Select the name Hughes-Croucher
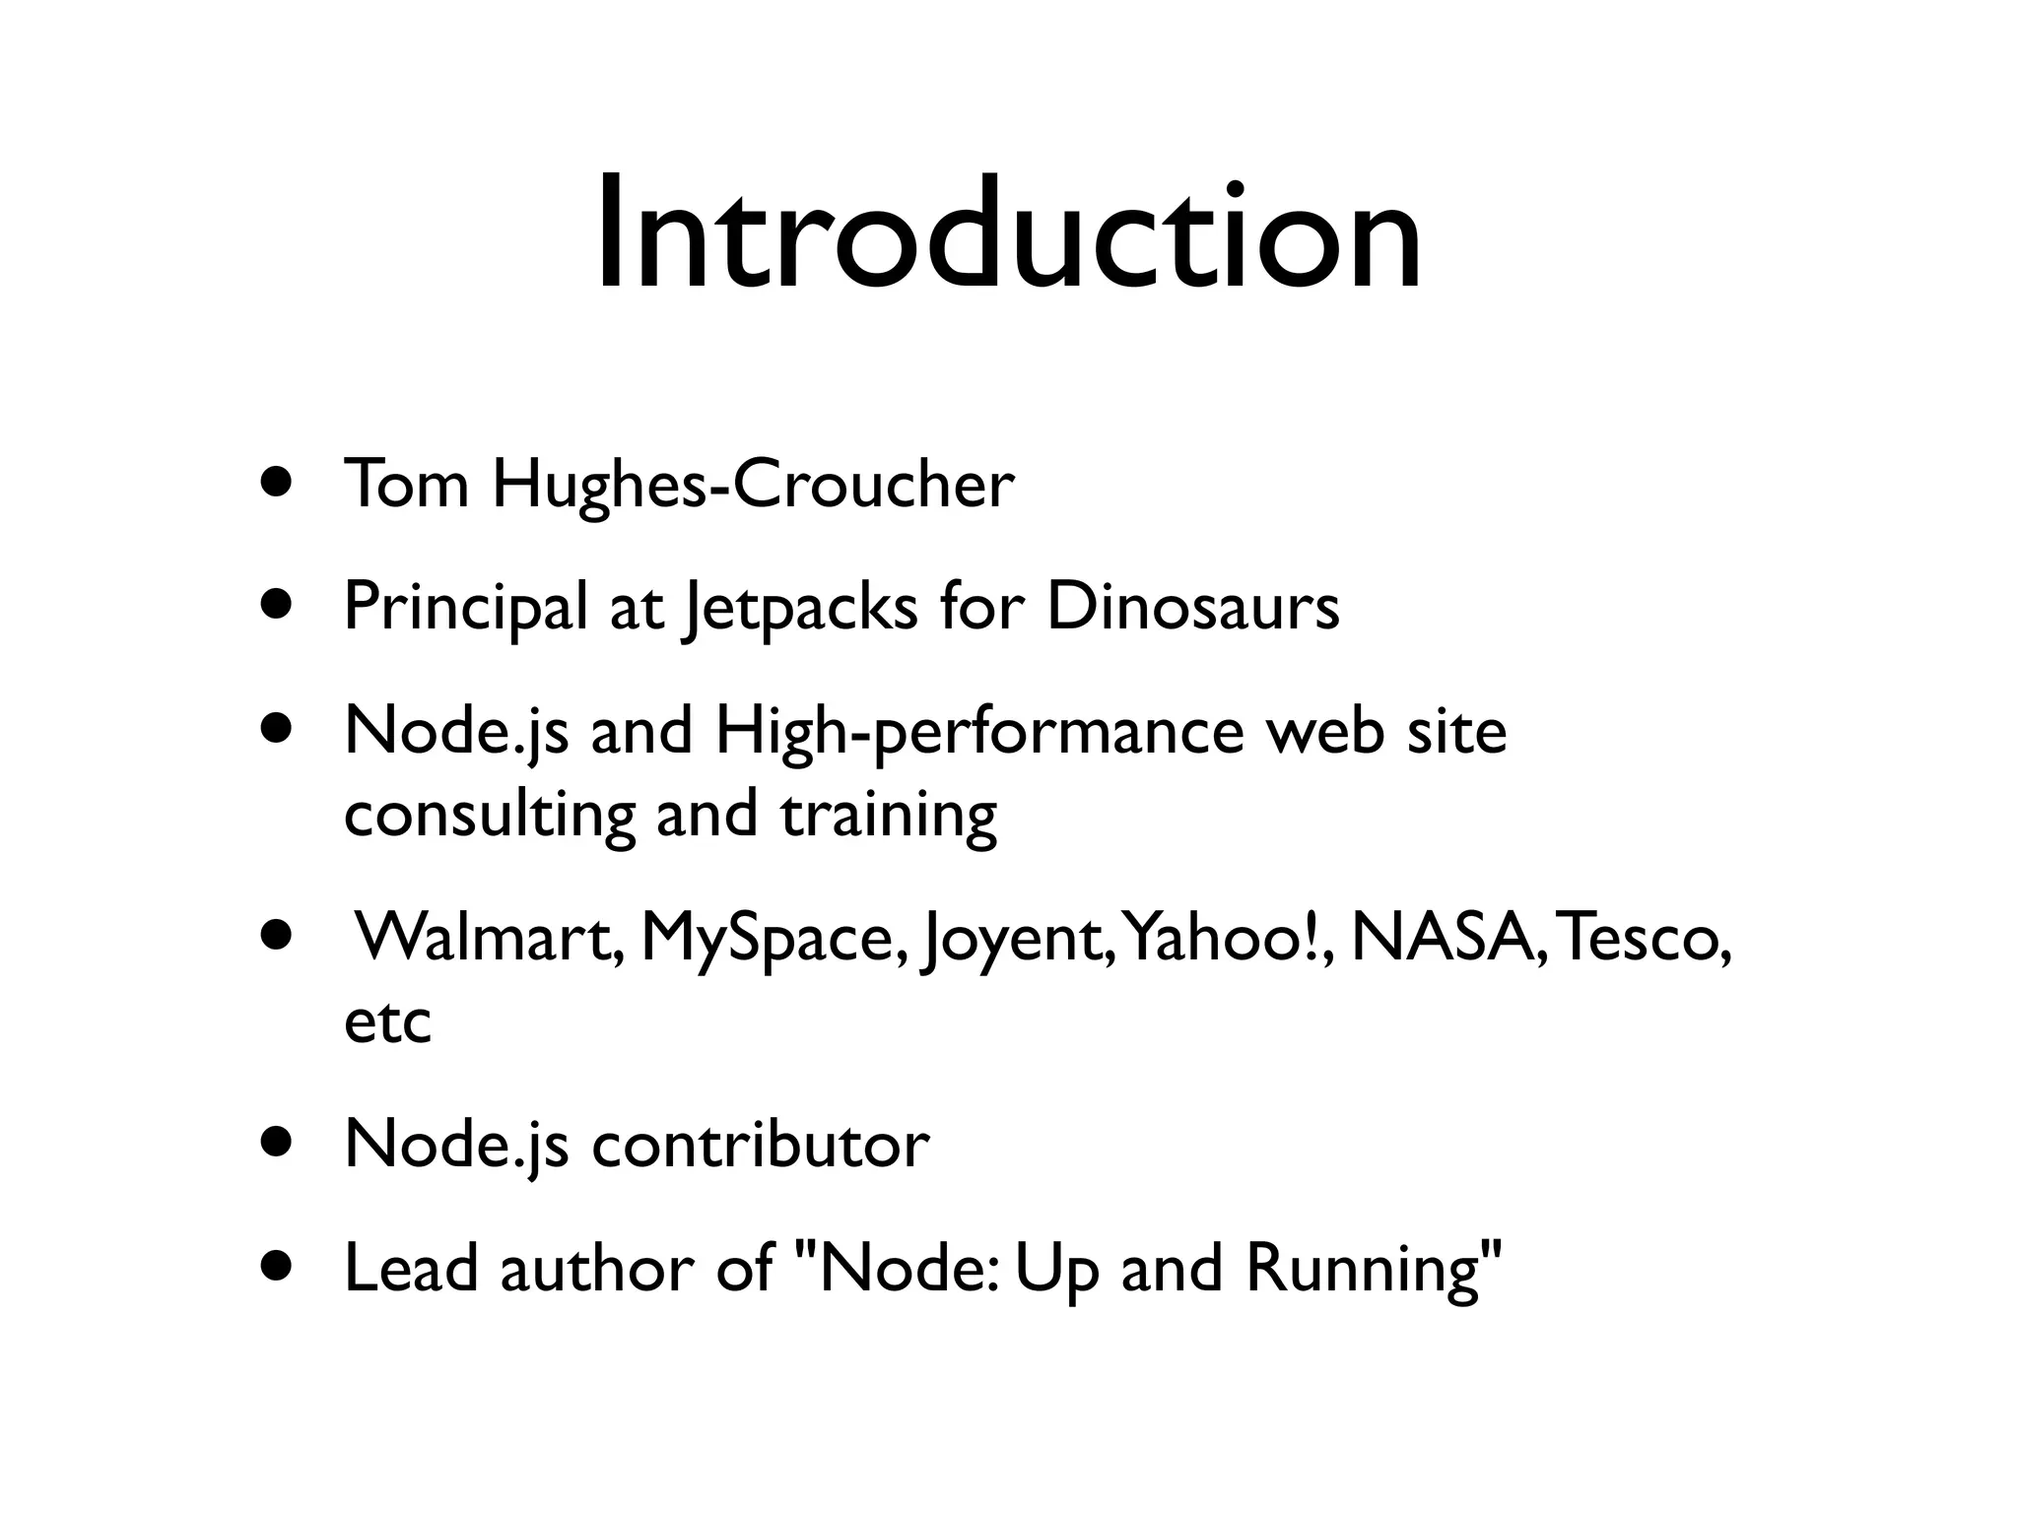click(753, 486)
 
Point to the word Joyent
click(1017, 939)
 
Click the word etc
click(387, 1021)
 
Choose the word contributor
click(760, 1146)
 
